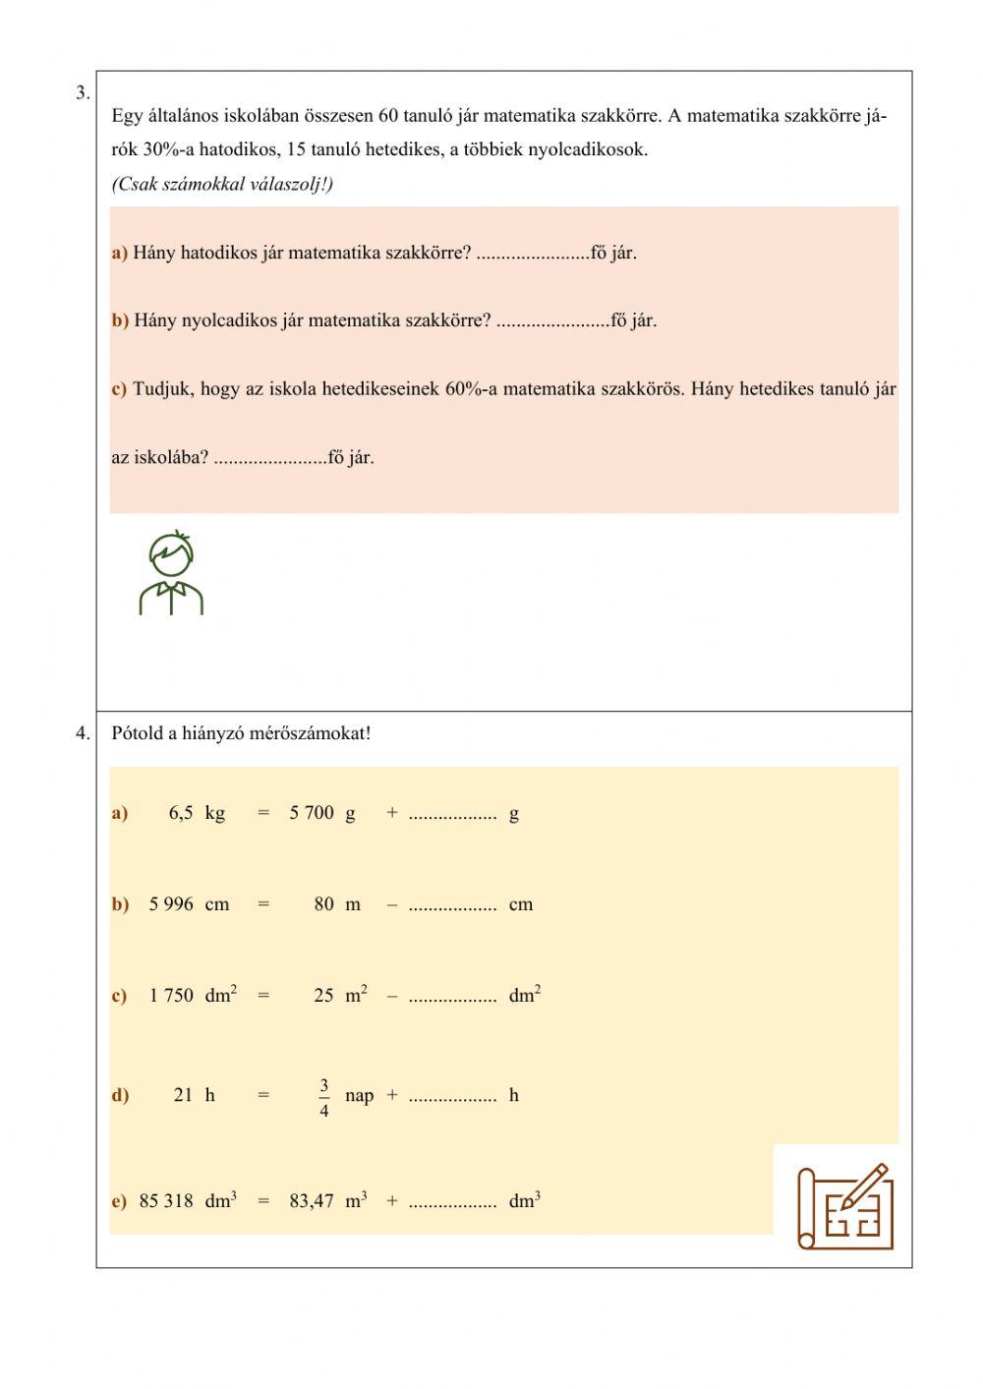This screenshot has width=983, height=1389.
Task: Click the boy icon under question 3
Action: tap(171, 573)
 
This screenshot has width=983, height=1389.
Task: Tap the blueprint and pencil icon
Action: tap(844, 1206)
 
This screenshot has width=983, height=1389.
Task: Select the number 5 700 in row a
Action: tap(312, 813)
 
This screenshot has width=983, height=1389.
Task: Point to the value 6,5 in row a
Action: tap(181, 813)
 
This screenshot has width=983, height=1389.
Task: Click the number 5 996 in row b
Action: tap(171, 904)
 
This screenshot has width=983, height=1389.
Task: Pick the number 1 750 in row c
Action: tap(171, 996)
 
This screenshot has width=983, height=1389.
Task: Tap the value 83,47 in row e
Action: tap(312, 1200)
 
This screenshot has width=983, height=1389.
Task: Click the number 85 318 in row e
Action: tap(166, 1200)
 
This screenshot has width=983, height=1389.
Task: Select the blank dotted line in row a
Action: tap(452, 816)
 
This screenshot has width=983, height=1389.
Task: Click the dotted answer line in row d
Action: tap(452, 1098)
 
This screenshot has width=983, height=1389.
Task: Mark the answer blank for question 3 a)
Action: tap(532, 256)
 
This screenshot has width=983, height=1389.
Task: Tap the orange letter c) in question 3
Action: tap(119, 389)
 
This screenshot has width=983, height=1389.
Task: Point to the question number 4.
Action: tap(83, 732)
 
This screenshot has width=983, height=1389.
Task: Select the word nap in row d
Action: tap(359, 1096)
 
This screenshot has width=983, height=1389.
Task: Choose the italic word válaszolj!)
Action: tap(292, 185)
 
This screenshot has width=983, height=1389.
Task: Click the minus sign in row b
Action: tap(392, 904)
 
